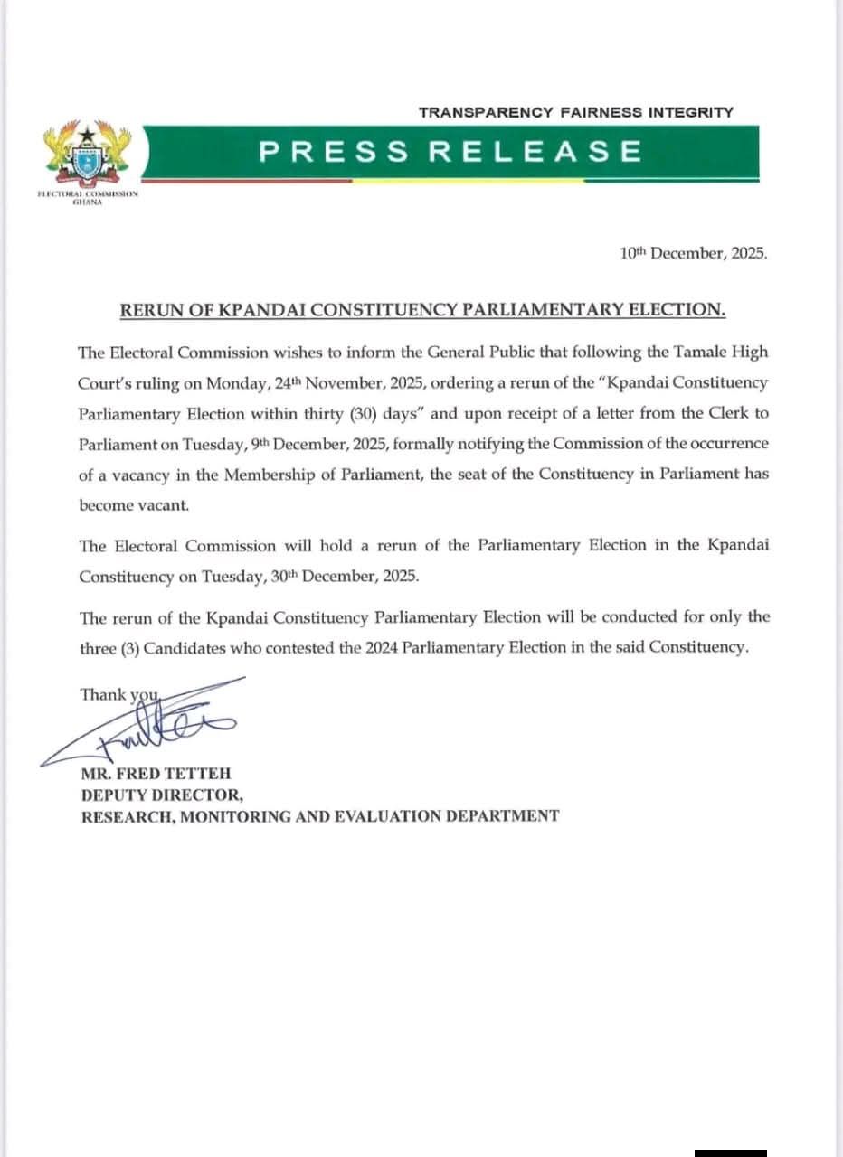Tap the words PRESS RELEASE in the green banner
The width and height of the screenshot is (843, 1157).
point(450,151)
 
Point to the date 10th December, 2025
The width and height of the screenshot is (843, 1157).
point(694,254)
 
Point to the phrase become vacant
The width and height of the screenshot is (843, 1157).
point(121,505)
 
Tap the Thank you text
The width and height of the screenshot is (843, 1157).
point(118,694)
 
